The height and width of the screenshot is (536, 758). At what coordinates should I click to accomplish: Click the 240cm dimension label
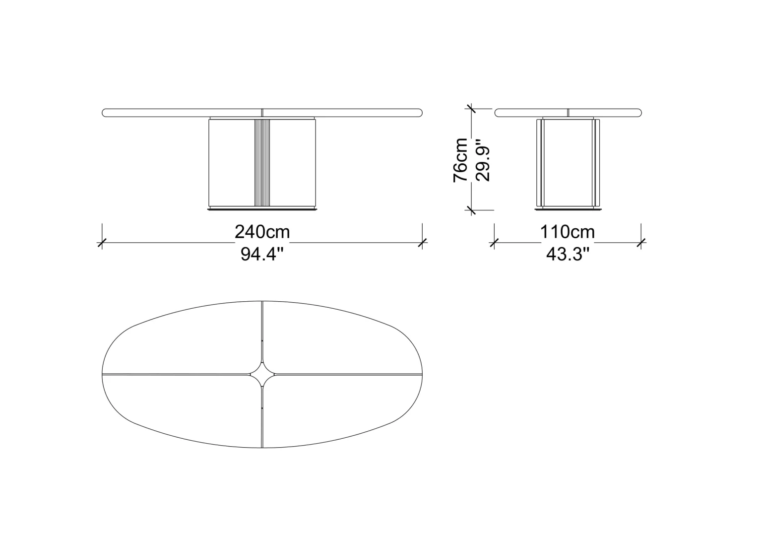(262, 232)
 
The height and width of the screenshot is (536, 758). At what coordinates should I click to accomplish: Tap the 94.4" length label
(261, 254)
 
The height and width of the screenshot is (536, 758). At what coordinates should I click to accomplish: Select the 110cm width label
(567, 232)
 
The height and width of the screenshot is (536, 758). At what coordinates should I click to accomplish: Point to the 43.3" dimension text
(568, 254)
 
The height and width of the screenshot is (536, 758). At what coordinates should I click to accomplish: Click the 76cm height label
(460, 160)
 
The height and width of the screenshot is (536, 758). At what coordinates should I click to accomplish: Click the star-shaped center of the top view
(263, 375)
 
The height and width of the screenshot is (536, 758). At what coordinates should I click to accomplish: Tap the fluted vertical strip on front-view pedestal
(262, 162)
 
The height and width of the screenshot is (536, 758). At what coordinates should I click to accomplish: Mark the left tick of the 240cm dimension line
(102, 242)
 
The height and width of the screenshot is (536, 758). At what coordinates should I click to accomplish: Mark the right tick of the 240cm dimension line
(422, 242)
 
